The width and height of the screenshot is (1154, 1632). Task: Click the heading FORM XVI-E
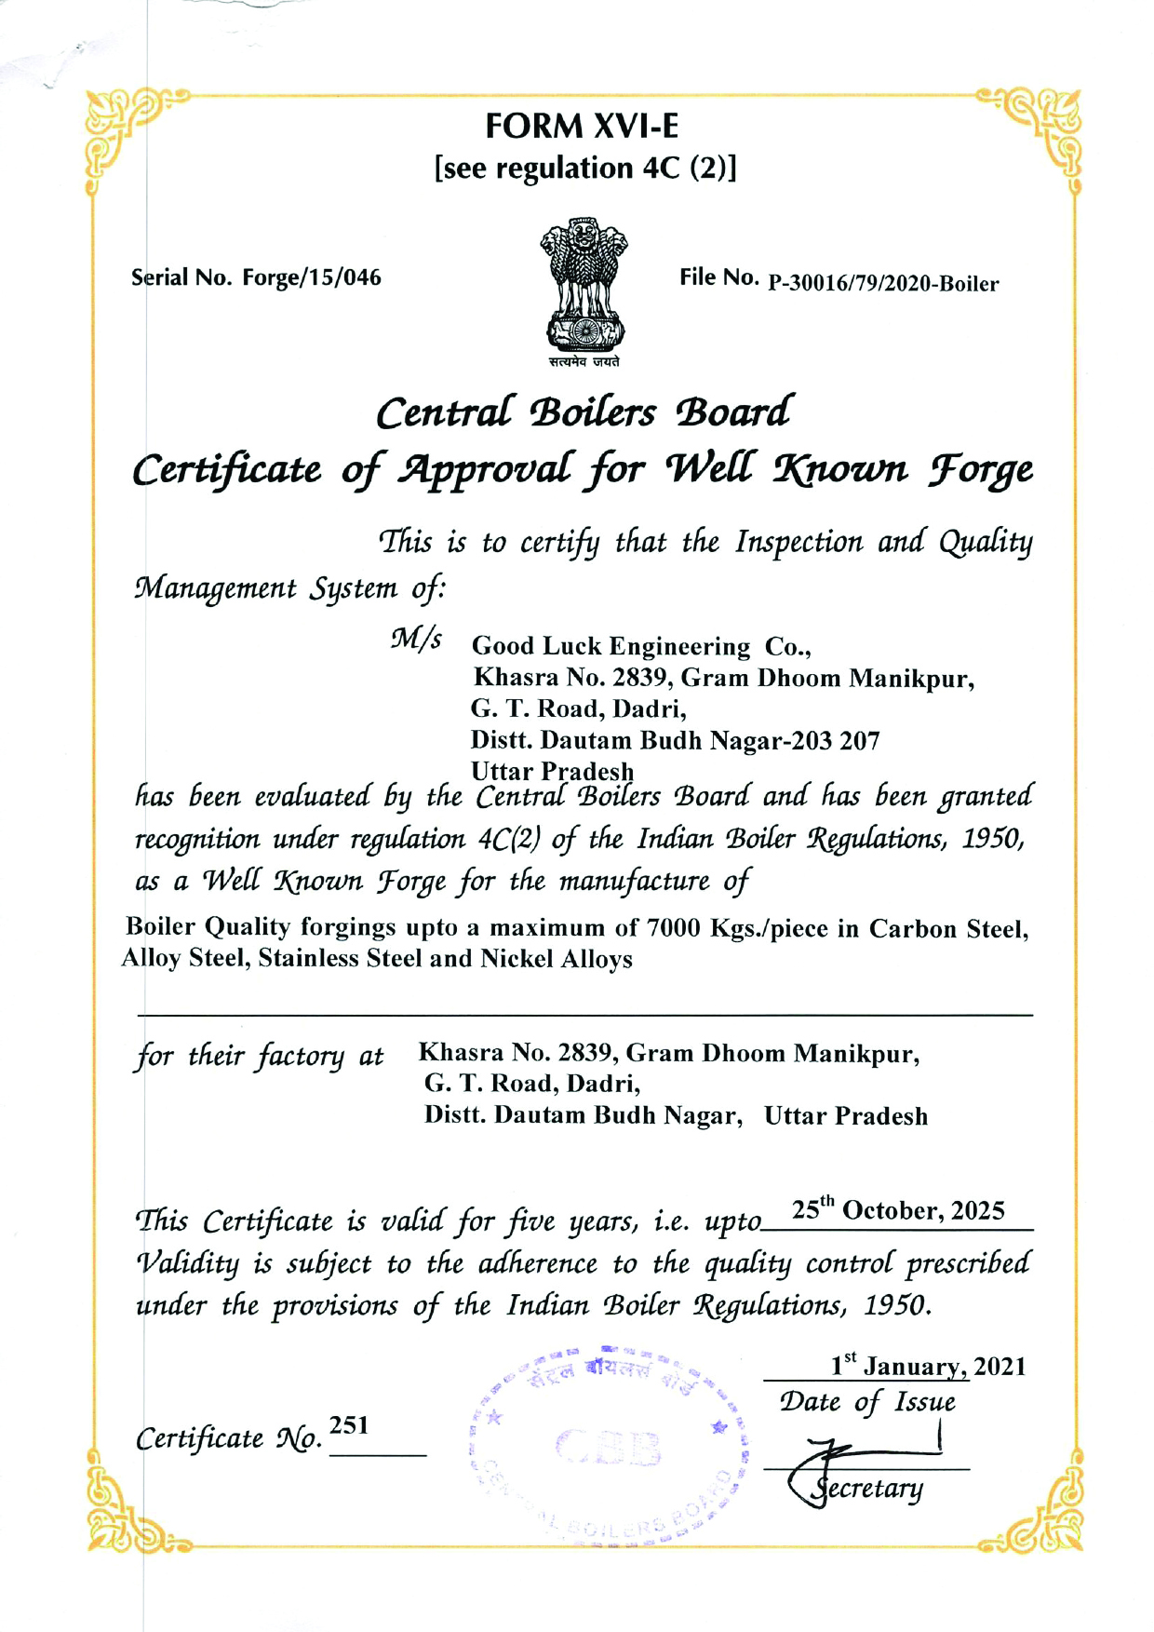pos(582,126)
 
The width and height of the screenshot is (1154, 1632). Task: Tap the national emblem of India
pos(583,284)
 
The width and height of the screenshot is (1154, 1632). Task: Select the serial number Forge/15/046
pos(312,277)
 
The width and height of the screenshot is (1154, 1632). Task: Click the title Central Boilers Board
pos(584,412)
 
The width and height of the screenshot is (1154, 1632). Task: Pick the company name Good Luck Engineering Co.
pos(641,646)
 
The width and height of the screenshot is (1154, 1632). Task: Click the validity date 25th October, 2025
pos(898,1210)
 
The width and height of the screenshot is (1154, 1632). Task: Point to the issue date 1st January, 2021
pos(928,1366)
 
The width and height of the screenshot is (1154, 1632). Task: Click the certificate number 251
pos(349,1425)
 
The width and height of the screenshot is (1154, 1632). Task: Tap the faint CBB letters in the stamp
pos(609,1449)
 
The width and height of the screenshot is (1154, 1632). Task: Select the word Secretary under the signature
pos(867,1488)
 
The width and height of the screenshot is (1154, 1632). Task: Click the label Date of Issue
pos(867,1402)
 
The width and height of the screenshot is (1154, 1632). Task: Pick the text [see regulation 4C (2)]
pos(585,169)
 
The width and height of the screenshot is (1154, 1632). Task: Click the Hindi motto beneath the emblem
pos(584,362)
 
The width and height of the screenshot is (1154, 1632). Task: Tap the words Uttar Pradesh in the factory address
pos(845,1116)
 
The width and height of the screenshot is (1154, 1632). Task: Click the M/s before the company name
pos(416,640)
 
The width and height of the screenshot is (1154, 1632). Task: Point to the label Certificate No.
pos(229,1439)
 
